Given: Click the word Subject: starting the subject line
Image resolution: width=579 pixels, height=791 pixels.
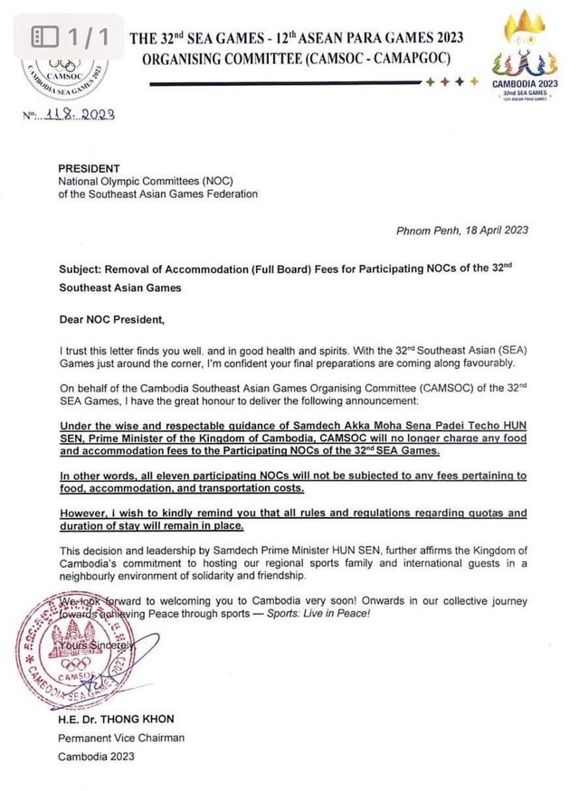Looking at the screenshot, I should (82, 270).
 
